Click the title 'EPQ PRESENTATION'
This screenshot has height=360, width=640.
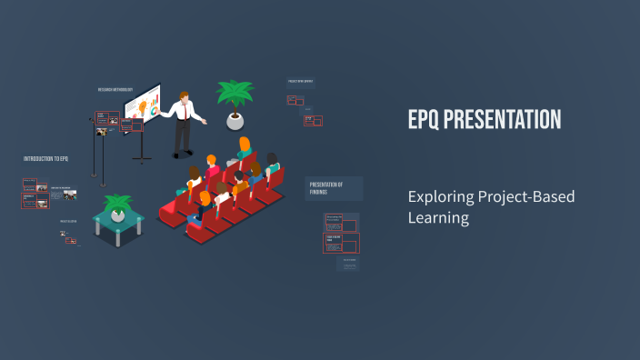(484, 120)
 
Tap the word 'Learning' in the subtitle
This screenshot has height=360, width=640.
(438, 218)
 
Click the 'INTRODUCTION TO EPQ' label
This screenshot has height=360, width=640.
(46, 159)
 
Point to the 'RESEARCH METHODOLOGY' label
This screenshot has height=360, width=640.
(115, 89)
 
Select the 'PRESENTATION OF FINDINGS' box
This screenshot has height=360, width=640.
(334, 187)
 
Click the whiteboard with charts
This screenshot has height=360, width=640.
(143, 107)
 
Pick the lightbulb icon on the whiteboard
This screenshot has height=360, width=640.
(141, 105)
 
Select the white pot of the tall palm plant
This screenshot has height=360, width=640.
(235, 121)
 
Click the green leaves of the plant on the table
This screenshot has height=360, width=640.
(118, 202)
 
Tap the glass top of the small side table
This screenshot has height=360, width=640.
(119, 217)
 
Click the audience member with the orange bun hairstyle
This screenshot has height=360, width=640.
(244, 147)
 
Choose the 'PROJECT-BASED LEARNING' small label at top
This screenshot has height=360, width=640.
(301, 81)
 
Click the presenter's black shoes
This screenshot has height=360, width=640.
(181, 154)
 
